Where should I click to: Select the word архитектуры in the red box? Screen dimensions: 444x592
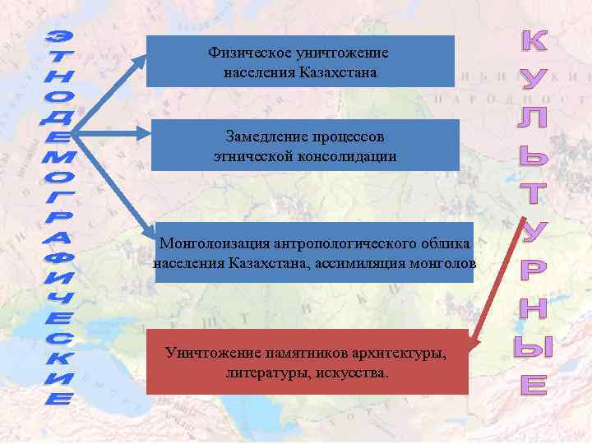tap(400, 354)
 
